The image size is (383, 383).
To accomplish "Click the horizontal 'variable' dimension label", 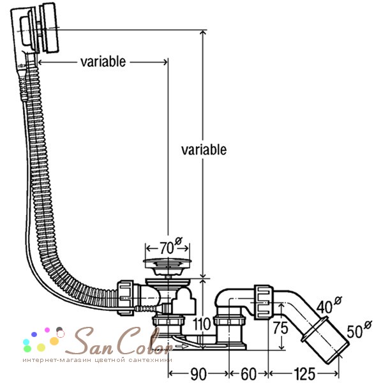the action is (103, 62).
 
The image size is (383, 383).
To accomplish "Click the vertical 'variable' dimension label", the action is (204, 150).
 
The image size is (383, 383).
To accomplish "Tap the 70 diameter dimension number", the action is (167, 248).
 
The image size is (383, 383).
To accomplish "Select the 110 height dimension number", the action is (202, 324).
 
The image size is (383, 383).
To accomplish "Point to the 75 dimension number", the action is (281, 327).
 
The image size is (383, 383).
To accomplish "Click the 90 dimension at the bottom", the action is (199, 373).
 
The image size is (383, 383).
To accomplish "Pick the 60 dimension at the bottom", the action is (249, 373).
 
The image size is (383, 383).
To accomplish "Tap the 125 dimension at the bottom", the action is (304, 373).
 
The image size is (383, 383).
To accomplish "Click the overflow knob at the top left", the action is (49, 27).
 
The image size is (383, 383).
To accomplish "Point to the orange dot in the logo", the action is (54, 341).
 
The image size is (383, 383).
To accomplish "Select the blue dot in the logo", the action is (34, 334).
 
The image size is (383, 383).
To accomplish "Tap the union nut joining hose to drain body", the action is (126, 298).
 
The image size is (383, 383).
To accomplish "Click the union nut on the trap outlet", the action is (264, 303).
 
